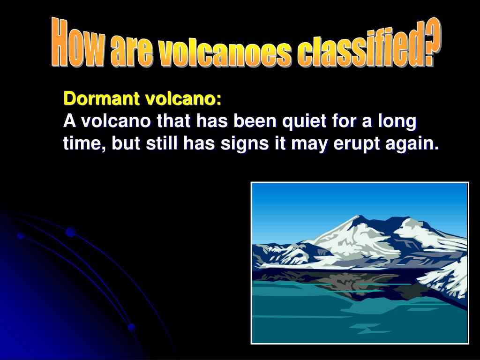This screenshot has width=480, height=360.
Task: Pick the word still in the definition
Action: pos(160,144)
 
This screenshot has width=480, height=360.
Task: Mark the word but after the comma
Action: pos(125,144)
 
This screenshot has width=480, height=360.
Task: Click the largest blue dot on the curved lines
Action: pos(71,232)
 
